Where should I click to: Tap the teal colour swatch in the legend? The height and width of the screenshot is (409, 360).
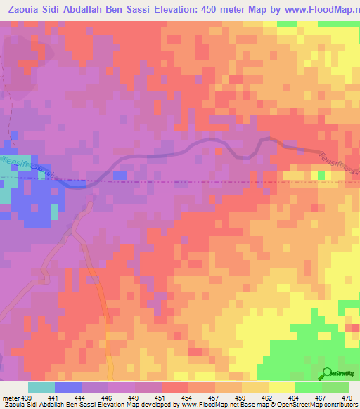click(41, 387)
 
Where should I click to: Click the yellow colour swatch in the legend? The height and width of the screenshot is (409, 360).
click(282, 387)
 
